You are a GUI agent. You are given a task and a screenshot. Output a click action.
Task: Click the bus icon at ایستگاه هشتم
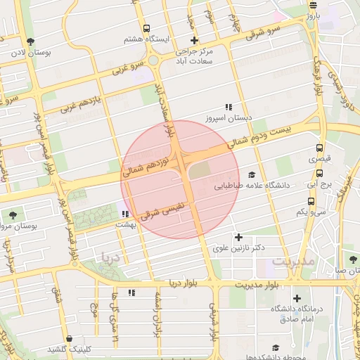[146, 29]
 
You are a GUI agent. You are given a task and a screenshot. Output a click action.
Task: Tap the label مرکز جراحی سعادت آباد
[195, 56]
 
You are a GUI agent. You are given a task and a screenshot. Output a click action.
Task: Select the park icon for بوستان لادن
[30, 41]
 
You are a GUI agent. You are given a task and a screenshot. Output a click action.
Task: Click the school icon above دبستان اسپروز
[228, 108]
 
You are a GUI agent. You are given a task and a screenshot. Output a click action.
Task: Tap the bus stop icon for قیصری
[320, 148]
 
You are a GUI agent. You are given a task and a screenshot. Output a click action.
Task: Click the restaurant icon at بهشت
[125, 214]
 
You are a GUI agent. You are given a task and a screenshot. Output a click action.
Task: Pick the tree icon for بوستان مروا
[13, 214]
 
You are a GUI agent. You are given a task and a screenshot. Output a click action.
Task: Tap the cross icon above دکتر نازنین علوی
[238, 237]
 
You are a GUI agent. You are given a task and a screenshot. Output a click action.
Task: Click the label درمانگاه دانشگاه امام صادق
[297, 314]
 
